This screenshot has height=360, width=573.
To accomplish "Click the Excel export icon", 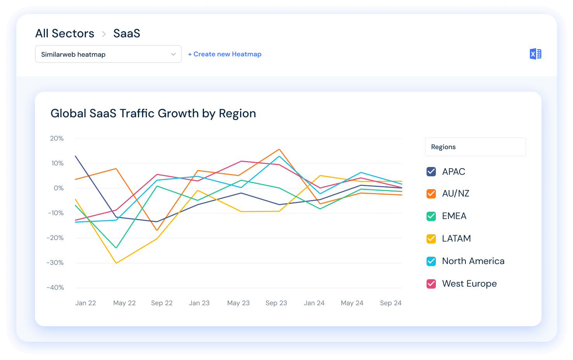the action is click(535, 54).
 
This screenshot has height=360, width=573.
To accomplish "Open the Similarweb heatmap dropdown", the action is click(108, 54).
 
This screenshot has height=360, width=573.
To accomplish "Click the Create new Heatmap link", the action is click(225, 54).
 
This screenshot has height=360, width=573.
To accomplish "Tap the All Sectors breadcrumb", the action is click(65, 33).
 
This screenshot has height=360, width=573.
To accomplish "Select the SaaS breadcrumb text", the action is click(127, 33).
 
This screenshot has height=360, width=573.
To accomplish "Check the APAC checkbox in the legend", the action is click(431, 172).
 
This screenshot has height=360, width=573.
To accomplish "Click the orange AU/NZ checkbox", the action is click(431, 193).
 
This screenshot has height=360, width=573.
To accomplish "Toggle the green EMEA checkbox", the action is click(431, 216).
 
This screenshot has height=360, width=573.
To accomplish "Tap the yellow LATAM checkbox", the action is click(431, 238).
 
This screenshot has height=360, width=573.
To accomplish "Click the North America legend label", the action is click(473, 261).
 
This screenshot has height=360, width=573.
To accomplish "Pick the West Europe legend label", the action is click(469, 283).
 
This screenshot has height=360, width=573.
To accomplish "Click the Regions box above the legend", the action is click(475, 147).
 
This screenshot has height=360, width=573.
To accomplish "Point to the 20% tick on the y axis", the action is click(57, 138).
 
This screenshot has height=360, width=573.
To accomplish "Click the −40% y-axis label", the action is click(55, 287).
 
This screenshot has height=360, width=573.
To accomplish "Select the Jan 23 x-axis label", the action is click(199, 303).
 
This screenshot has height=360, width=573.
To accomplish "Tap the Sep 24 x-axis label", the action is click(391, 303).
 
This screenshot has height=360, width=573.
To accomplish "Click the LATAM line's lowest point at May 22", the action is click(116, 263).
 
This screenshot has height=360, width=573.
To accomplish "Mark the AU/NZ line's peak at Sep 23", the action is click(279, 149).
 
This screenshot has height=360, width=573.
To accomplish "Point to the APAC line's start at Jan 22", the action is click(75, 156).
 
